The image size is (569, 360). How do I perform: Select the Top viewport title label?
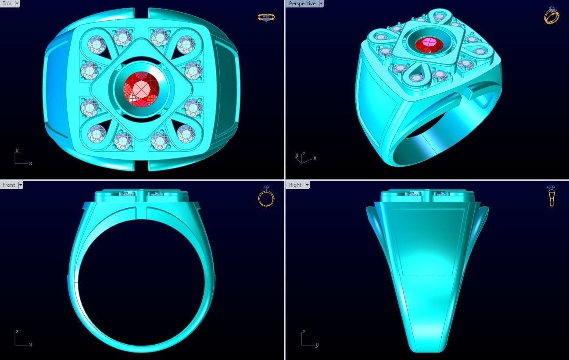(x=7, y=4)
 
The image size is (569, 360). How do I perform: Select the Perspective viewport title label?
(x=302, y=4)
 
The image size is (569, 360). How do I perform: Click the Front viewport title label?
(x=9, y=185)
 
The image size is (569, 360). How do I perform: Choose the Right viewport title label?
(x=295, y=185)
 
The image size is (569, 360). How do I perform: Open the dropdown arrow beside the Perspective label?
(x=321, y=4)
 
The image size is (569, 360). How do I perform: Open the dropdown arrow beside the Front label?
(x=20, y=185)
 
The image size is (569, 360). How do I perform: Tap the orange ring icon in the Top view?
(x=266, y=18)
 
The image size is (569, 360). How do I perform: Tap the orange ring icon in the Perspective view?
(x=551, y=15)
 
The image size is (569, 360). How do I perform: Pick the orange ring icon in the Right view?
(x=551, y=196)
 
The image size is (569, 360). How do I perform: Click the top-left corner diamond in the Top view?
(x=96, y=44)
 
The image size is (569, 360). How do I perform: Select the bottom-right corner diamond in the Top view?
(x=186, y=132)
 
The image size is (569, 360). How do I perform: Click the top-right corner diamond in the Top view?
(x=186, y=44)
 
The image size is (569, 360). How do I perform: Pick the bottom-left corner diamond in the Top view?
(x=96, y=132)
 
